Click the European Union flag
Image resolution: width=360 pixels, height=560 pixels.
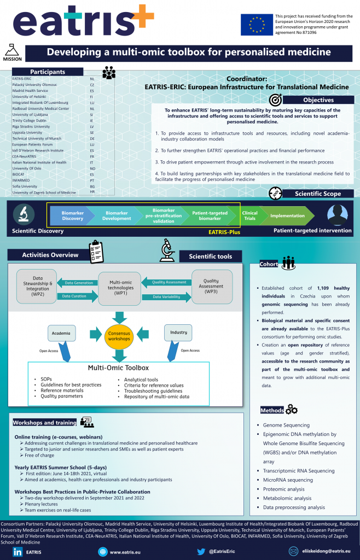(257, 25)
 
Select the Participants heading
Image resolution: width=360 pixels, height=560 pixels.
(48, 72)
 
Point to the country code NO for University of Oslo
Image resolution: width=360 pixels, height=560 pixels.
(92, 168)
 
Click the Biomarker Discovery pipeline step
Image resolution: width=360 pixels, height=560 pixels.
(72, 215)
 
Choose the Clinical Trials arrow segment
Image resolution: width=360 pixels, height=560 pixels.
(249, 215)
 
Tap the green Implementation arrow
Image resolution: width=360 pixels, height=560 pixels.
(288, 215)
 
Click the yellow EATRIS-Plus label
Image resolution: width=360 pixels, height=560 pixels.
(225, 232)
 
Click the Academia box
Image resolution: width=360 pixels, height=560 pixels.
(60, 332)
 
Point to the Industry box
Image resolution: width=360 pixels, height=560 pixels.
(179, 332)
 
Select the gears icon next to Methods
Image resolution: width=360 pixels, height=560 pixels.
(292, 410)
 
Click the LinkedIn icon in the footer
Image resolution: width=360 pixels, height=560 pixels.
(17, 552)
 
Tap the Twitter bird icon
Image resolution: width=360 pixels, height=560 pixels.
(201, 552)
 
